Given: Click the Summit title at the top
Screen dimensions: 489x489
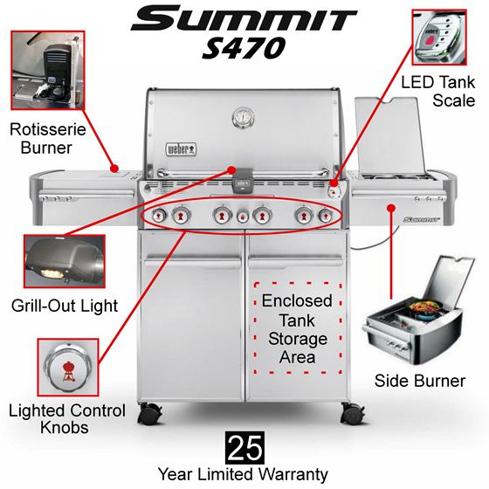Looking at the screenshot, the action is (x=244, y=19).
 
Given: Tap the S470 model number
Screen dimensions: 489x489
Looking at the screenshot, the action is (x=244, y=48).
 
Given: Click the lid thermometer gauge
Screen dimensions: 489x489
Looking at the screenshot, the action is (x=244, y=118).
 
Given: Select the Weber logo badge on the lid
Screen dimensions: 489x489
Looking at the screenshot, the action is (x=181, y=149).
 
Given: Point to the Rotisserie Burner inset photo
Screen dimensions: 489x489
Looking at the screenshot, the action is (x=48, y=70).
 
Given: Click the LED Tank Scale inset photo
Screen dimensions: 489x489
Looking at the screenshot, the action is (x=439, y=37).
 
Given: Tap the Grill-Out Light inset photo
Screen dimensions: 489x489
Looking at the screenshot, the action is (x=65, y=261).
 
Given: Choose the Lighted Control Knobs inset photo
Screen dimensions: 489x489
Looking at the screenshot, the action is (x=68, y=368).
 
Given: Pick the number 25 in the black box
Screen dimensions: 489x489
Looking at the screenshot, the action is (x=244, y=448).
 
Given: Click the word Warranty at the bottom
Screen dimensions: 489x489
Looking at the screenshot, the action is (x=293, y=475).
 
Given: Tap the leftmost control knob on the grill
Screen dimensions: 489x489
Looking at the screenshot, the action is (x=159, y=215).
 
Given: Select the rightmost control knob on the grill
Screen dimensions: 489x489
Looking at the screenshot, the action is (x=326, y=216).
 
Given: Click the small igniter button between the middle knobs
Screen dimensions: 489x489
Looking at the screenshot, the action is (x=243, y=217).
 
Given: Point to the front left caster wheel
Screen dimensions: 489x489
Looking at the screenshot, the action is (x=149, y=413).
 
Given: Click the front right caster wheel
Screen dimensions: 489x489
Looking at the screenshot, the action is (x=353, y=413).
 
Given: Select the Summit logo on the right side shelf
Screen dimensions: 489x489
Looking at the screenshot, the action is (x=421, y=219).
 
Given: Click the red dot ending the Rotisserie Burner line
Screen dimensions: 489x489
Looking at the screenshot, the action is (x=114, y=169).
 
